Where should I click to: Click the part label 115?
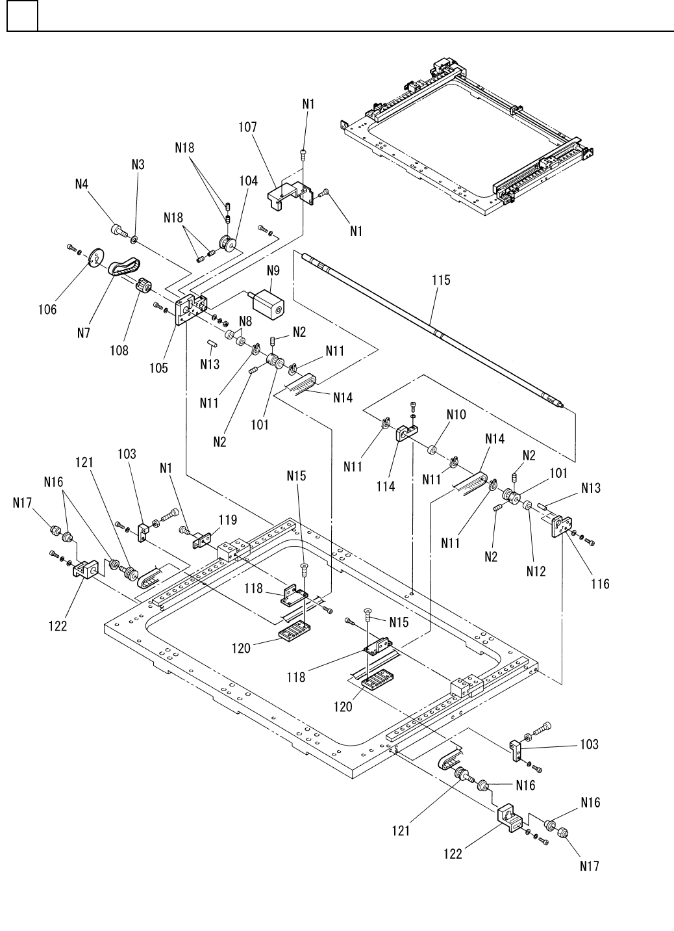tap(441, 281)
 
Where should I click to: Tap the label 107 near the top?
tap(247, 128)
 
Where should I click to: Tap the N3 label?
tap(138, 164)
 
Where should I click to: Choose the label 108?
tap(119, 350)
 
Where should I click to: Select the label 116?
tap(600, 583)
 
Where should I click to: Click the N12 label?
tap(536, 571)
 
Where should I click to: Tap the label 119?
tap(227, 519)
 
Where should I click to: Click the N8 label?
tap(245, 320)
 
